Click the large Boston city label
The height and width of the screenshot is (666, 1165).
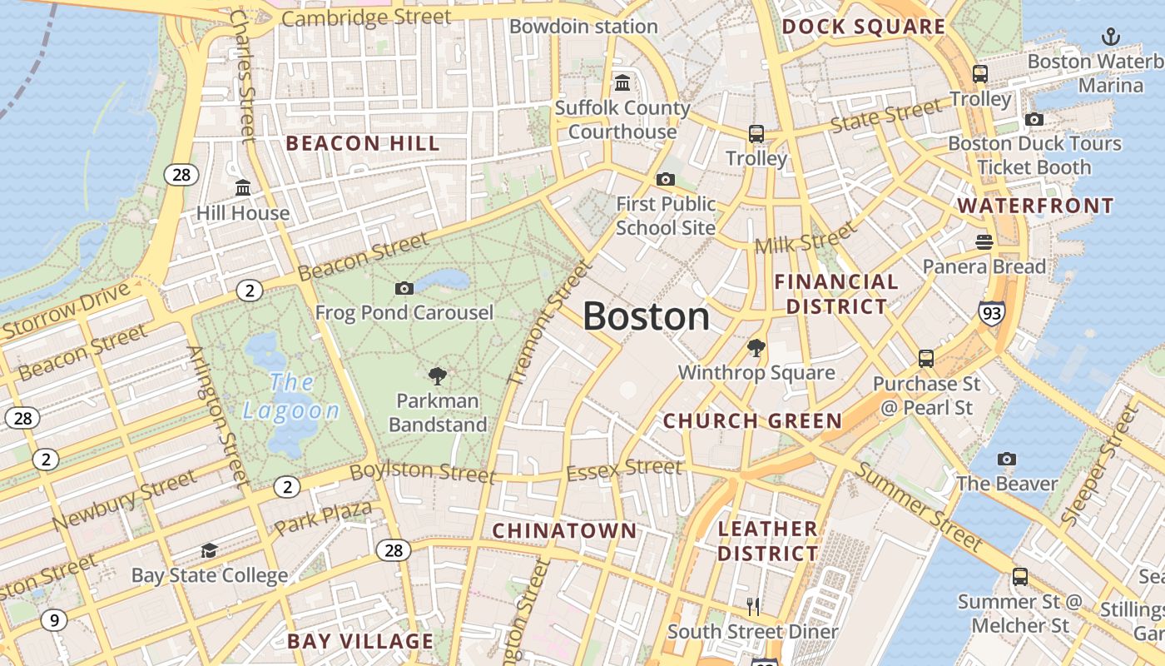(x=646, y=317)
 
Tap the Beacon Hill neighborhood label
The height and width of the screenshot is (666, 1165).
(x=362, y=143)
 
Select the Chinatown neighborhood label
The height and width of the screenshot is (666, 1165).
(x=564, y=530)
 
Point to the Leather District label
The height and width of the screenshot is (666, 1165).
(x=767, y=540)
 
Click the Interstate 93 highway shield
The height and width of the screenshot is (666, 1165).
(x=991, y=313)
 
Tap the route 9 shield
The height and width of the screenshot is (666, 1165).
(x=54, y=619)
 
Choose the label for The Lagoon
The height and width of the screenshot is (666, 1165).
(x=291, y=396)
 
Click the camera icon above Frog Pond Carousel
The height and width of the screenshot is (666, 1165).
(x=404, y=288)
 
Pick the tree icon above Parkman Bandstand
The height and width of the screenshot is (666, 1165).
(x=437, y=376)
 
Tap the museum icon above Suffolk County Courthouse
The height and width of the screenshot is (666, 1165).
(x=622, y=82)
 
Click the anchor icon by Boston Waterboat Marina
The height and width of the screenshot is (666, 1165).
(x=1110, y=37)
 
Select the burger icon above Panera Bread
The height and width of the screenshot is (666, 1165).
(x=984, y=242)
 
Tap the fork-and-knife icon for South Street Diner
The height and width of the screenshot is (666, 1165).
(x=753, y=607)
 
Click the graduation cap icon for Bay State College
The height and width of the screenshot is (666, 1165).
(x=209, y=551)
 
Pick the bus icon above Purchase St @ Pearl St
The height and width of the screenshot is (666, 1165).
(x=926, y=359)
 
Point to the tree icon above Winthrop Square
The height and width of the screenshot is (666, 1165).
(x=756, y=347)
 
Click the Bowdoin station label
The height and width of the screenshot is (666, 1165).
(x=583, y=27)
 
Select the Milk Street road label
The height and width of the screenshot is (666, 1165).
(x=805, y=238)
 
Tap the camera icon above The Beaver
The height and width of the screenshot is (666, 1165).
(x=1007, y=459)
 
